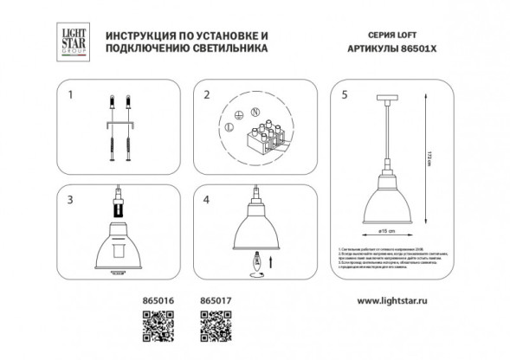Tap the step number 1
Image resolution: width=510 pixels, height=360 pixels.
(x=72, y=93)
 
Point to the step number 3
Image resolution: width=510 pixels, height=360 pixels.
(x=72, y=201)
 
